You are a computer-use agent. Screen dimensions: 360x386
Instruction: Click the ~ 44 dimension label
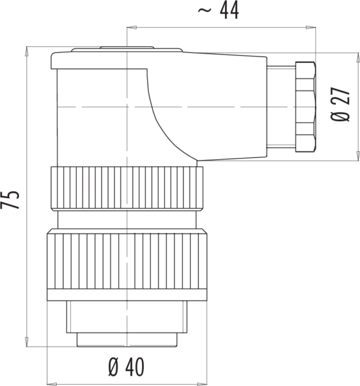coord(218,11)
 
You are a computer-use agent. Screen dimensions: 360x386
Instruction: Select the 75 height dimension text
coord(10,200)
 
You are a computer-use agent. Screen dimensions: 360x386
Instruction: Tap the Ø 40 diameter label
coord(126,367)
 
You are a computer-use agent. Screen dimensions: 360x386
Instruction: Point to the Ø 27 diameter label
coord(340,104)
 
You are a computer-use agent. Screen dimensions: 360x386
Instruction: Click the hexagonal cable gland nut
coord(305,107)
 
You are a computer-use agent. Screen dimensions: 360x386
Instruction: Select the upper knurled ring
coord(127,188)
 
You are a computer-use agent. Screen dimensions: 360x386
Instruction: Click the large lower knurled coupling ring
coord(127,261)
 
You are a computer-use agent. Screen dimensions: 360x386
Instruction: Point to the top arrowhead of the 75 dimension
coord(26,52)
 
